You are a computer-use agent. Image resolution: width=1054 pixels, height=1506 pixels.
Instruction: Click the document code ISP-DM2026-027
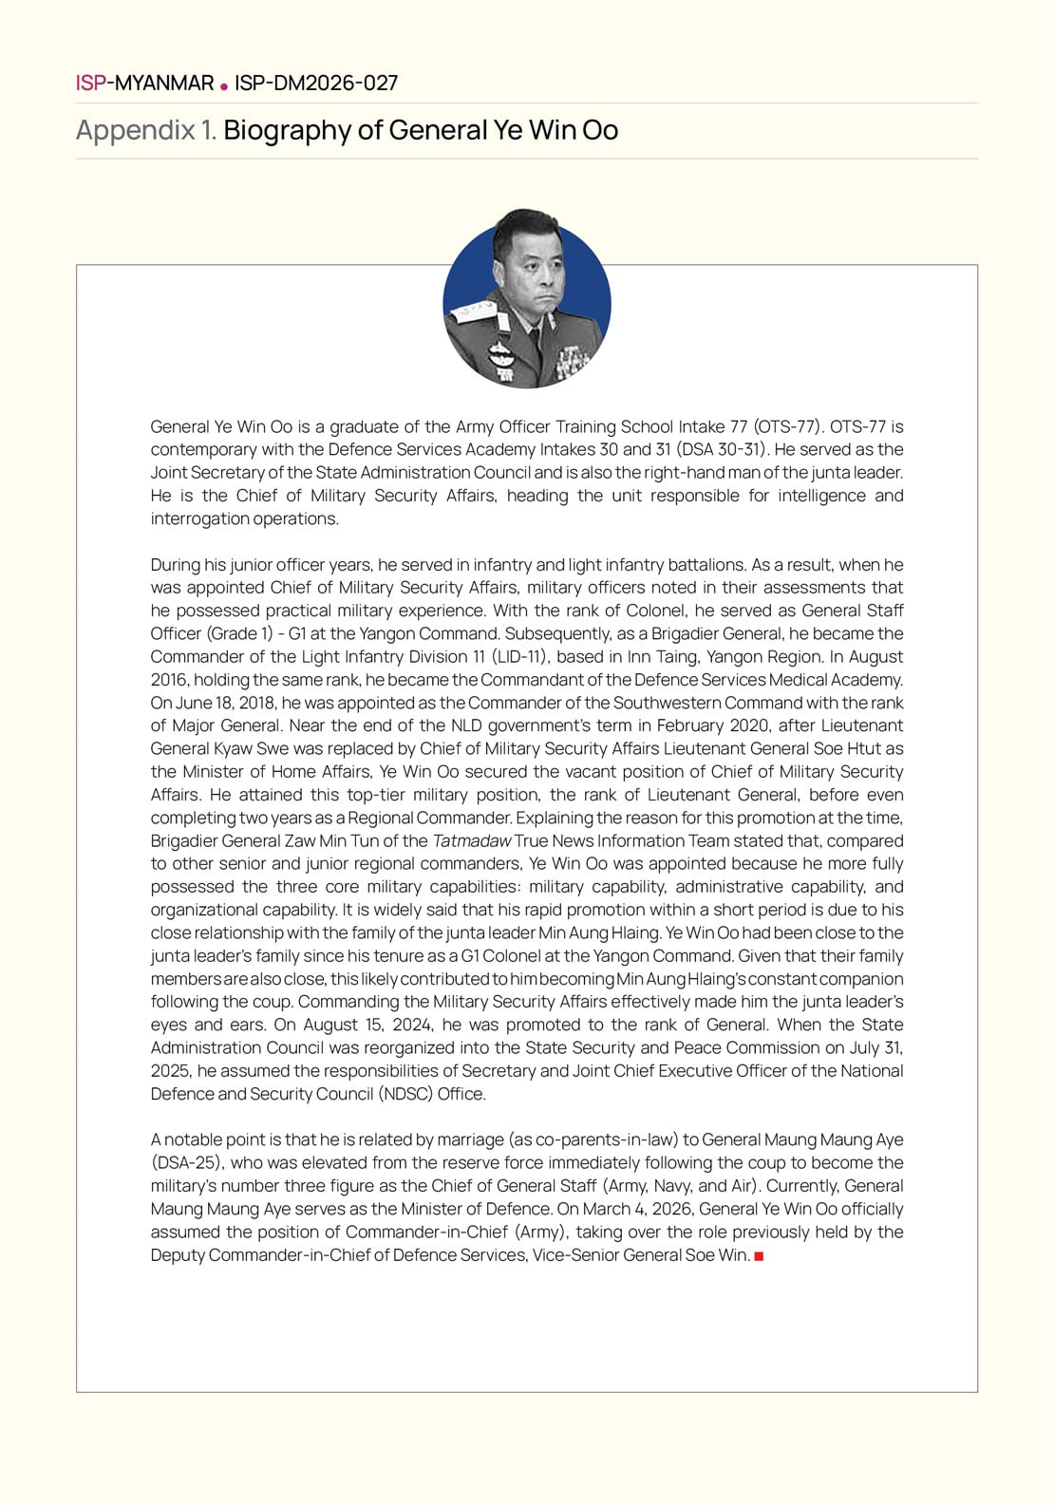316,84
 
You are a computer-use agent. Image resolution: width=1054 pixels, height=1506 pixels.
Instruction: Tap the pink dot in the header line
224,85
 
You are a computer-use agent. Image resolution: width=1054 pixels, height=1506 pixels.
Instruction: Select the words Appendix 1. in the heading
146,130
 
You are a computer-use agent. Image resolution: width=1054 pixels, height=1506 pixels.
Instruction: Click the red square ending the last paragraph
759,1256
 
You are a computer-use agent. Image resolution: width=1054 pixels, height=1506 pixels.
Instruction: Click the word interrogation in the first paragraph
201,518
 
